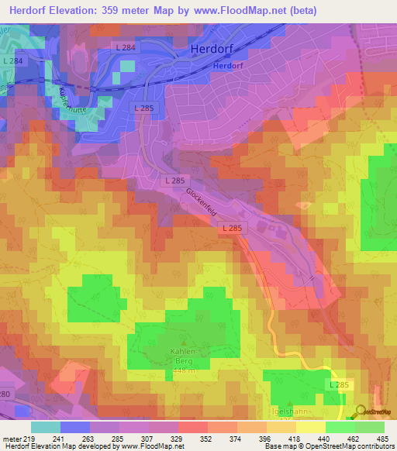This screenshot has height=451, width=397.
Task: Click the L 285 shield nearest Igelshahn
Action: (340, 384)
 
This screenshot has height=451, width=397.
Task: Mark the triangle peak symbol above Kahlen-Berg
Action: (184, 342)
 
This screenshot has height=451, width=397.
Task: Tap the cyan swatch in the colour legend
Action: (45, 427)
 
